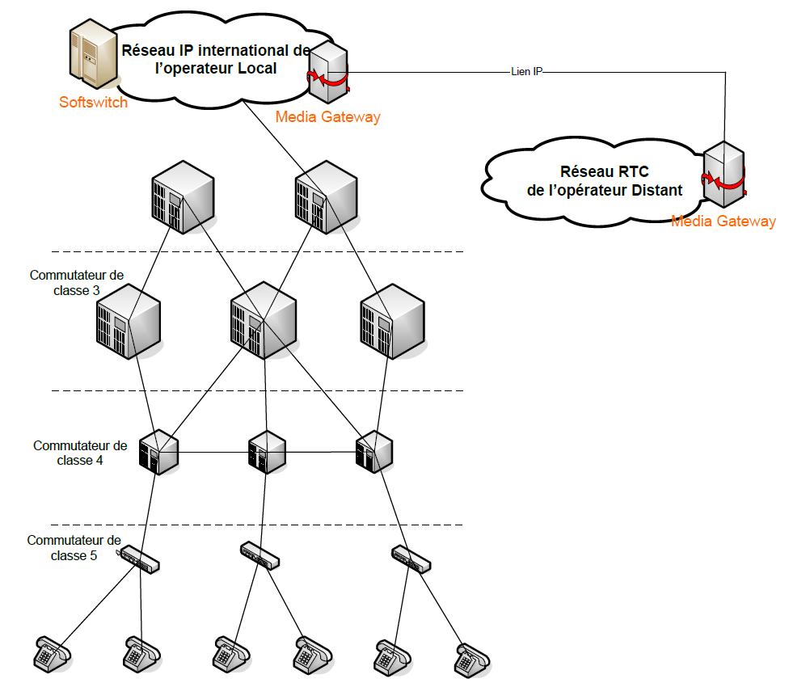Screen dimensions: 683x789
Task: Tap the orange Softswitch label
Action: [93, 103]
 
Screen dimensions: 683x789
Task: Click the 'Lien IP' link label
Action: [526, 72]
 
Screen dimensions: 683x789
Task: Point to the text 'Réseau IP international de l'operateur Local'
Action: [216, 59]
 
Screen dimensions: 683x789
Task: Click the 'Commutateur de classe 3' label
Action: [77, 282]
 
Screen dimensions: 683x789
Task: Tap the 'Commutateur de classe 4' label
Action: [80, 453]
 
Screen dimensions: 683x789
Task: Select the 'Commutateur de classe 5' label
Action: [74, 547]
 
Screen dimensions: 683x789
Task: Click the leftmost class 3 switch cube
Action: [128, 321]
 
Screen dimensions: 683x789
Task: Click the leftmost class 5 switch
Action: [140, 560]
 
